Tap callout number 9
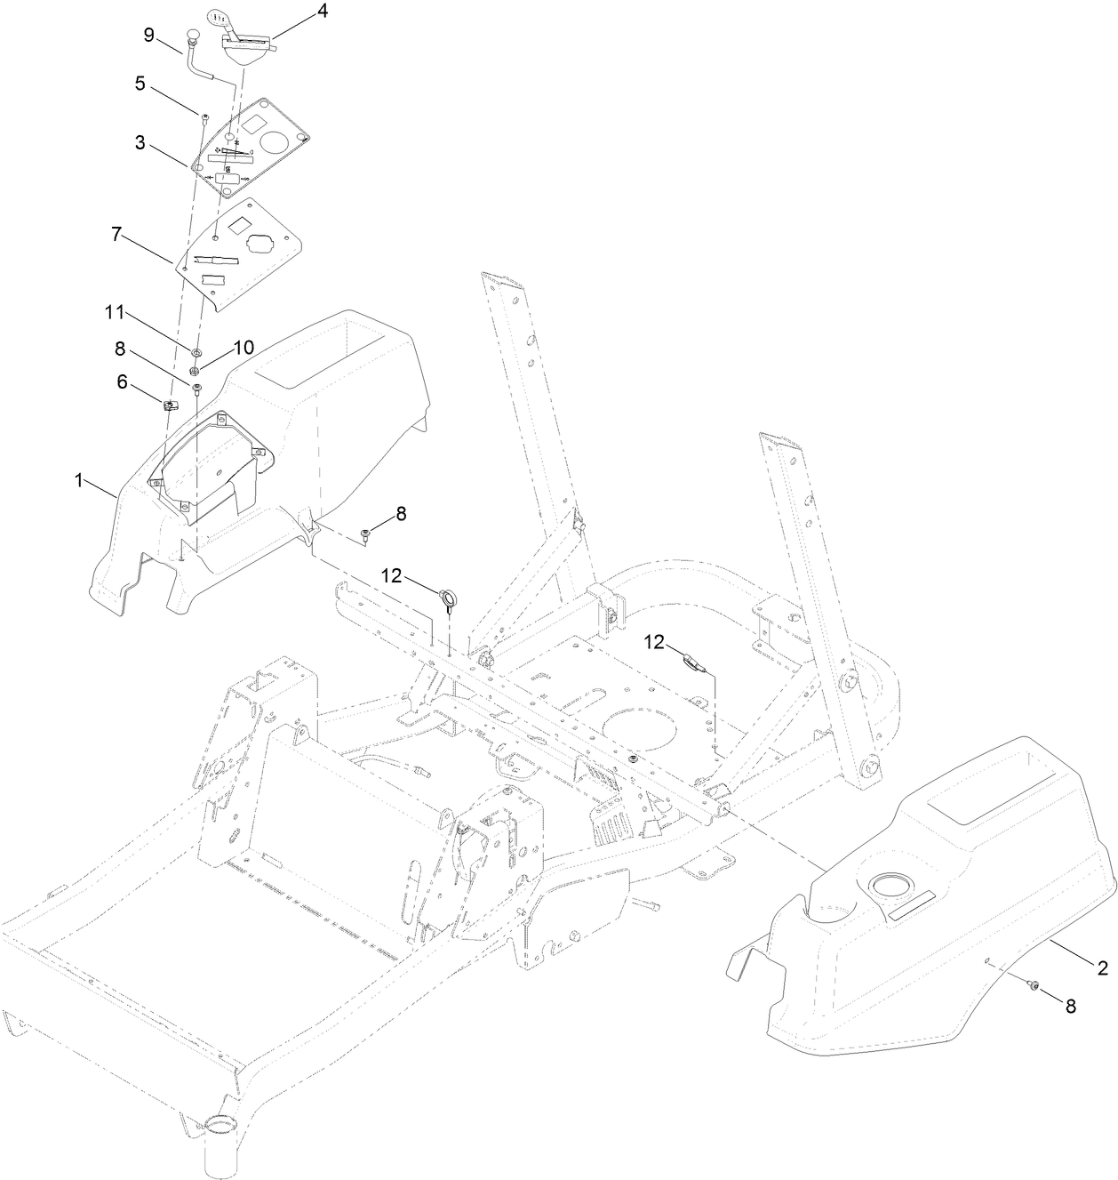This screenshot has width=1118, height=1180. coord(149,35)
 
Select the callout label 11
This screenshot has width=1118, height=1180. coord(116,315)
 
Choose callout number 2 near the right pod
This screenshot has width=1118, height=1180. coord(1102,968)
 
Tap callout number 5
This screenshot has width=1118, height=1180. coord(140,84)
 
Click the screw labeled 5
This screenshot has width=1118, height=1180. coord(204,116)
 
